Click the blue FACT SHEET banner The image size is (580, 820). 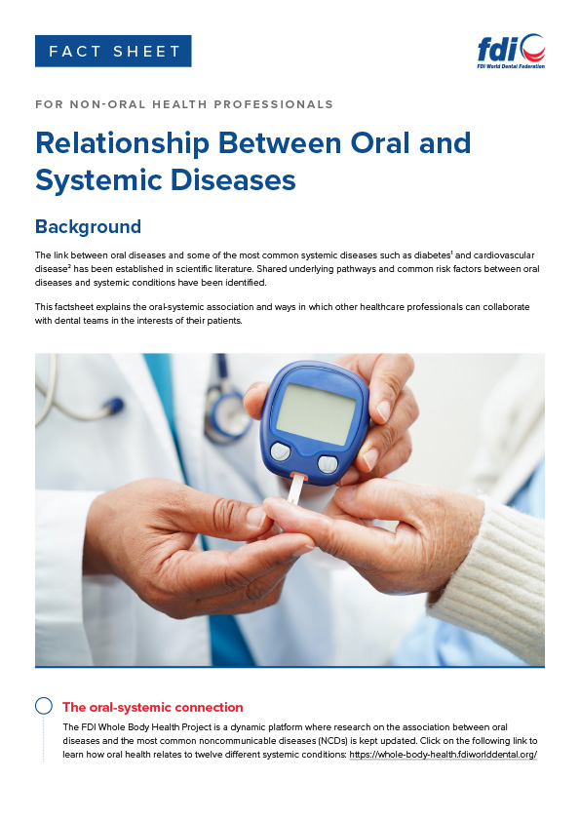pyautogui.click(x=113, y=51)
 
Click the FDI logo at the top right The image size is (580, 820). pyautogui.click(x=511, y=52)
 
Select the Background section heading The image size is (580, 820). pyautogui.click(x=88, y=226)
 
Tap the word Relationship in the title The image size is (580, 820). pyautogui.click(x=123, y=142)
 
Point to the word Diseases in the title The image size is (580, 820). pyautogui.click(x=233, y=179)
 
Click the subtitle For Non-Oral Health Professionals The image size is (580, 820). pyautogui.click(x=184, y=104)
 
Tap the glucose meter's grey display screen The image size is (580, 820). pyautogui.click(x=316, y=413)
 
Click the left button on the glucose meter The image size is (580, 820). pyautogui.click(x=281, y=451)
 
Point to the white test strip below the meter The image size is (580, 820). pyautogui.click(x=295, y=489)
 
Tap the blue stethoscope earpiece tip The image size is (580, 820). pyautogui.click(x=114, y=406)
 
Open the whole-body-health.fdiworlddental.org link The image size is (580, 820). pyautogui.click(x=443, y=754)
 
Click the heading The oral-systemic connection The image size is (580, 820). pyautogui.click(x=153, y=707)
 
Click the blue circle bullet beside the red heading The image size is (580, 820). pyautogui.click(x=44, y=706)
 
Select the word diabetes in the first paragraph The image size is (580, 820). pyautogui.click(x=432, y=255)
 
